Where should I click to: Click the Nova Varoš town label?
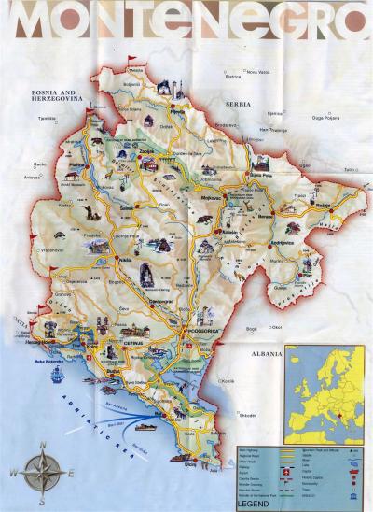click(x=257, y=72)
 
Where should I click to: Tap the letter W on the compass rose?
click(x=15, y=474)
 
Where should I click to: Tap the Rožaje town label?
click(x=324, y=205)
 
